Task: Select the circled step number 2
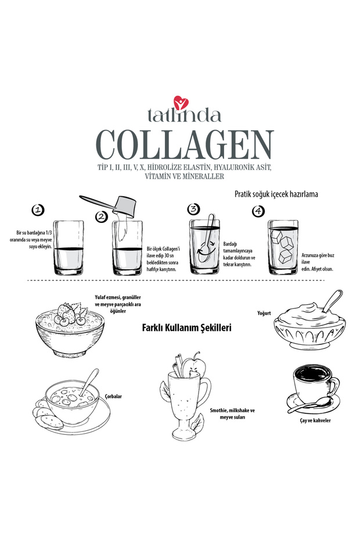point(102,217)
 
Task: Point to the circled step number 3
point(193,209)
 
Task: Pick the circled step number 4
point(258,211)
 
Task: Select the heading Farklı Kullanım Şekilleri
point(187,327)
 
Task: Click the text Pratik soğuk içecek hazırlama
point(276,194)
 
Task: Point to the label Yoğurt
point(264,313)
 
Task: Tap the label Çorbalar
point(114,397)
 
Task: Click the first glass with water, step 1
point(69,248)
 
